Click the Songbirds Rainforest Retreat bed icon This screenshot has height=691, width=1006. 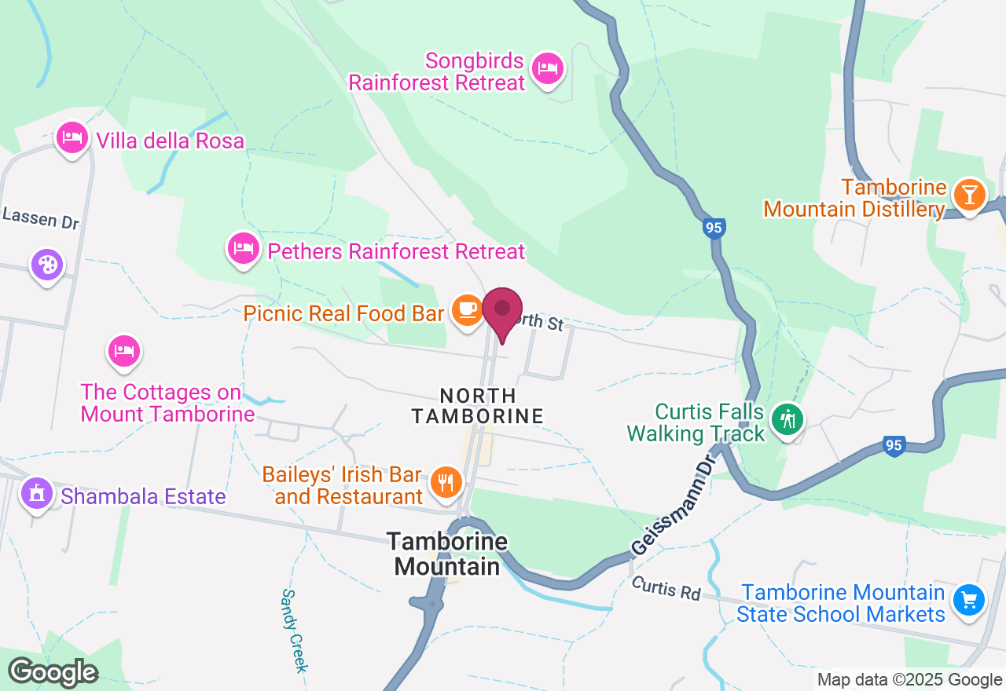tap(546, 68)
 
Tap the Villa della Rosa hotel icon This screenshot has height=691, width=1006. tap(72, 137)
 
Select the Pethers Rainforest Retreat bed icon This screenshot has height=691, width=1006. tap(243, 249)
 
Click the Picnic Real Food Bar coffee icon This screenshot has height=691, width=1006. tap(468, 310)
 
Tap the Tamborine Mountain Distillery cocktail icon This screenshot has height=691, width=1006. tap(968, 194)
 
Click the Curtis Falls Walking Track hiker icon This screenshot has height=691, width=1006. tap(787, 419)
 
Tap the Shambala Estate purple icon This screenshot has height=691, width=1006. tap(36, 494)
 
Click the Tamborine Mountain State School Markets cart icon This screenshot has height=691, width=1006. tap(968, 601)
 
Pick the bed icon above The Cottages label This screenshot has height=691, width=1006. tap(123, 351)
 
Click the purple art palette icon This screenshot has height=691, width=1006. tap(47, 265)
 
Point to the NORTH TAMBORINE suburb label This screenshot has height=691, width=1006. tap(478, 406)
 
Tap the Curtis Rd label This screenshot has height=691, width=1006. tap(665, 588)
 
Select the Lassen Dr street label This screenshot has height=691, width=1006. tap(41, 218)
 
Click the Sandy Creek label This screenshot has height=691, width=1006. tap(292, 631)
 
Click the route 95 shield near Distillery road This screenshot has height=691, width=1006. tap(714, 229)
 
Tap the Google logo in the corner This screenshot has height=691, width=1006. tap(53, 672)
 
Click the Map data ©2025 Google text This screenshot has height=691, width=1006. tap(909, 680)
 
